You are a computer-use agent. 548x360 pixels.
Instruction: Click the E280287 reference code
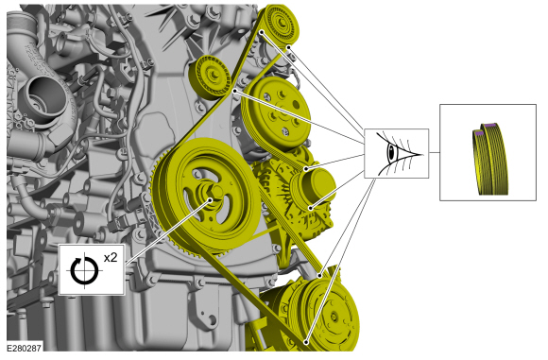pos(25,348)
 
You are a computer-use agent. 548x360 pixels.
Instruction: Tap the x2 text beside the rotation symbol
pos(111,258)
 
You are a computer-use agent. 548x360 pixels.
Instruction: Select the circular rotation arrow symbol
pos(84,271)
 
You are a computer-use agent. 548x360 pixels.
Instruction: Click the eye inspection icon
pos(396,153)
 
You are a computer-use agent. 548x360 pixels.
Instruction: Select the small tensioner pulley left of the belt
pos(211,77)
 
